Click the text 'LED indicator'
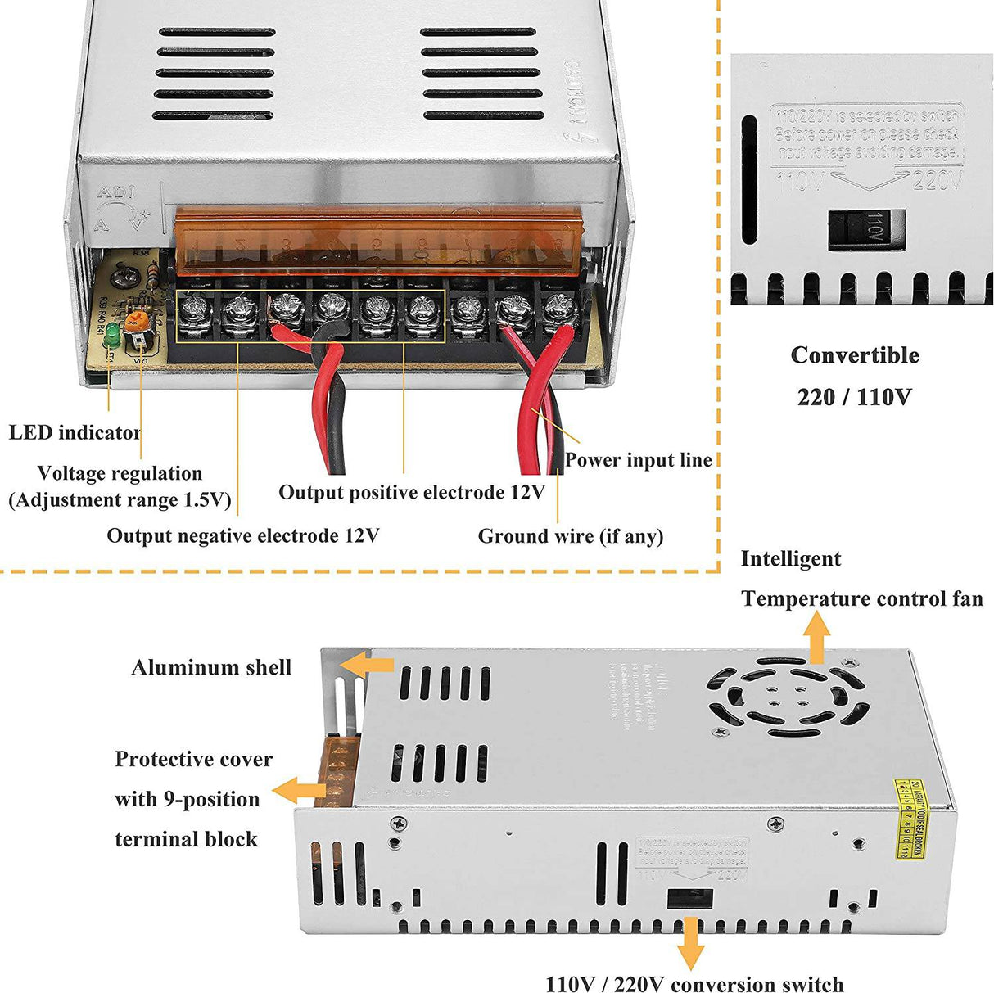coord(75,432)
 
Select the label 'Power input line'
coord(638,460)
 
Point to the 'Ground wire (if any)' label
coord(570,536)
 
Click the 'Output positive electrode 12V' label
coord(411,492)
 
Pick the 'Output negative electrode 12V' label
coord(243,536)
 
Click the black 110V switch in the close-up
coord(865,228)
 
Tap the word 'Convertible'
coord(854,355)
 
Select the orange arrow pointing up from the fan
coord(816,637)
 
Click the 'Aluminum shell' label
coord(211,668)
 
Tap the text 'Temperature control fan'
coord(861,599)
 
